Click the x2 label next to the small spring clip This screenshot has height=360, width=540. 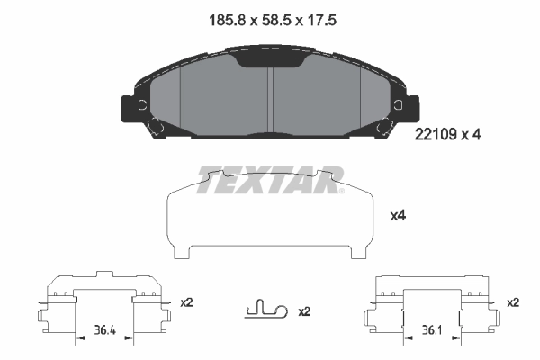click(303, 311)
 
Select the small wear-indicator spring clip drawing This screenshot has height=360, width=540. click(265, 310)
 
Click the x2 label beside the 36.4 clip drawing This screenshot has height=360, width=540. click(186, 302)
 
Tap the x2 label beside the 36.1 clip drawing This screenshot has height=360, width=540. click(513, 302)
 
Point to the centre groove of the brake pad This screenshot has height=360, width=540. click(270, 99)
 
